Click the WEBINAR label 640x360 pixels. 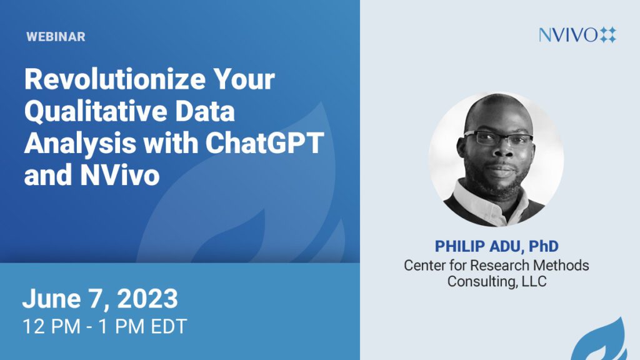click(56, 37)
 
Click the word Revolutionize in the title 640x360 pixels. click(115, 79)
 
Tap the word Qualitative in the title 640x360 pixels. click(96, 112)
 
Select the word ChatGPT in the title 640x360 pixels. click(264, 143)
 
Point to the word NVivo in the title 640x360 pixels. click(119, 175)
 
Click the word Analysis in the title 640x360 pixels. click(80, 144)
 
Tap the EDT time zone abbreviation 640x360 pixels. click(169, 326)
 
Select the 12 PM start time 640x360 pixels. click(51, 326)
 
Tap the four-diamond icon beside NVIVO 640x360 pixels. click(608, 35)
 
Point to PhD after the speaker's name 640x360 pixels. click(543, 246)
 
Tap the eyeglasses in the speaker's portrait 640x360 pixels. click(498, 138)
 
